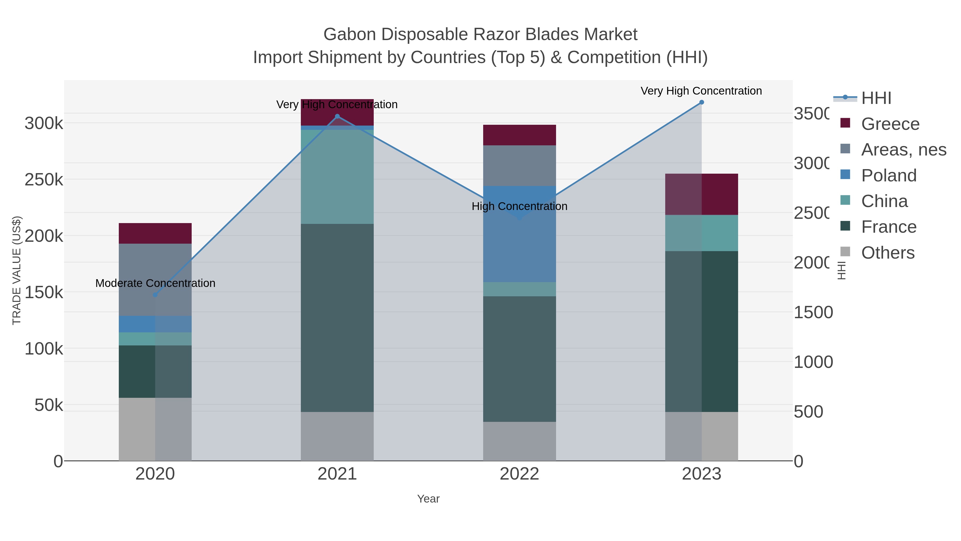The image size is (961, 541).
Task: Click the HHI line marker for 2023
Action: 701,102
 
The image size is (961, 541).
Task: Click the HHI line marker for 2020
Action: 155,295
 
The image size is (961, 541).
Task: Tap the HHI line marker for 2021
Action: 337,116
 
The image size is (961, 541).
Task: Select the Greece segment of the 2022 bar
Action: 519,135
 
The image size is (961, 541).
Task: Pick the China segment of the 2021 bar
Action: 337,177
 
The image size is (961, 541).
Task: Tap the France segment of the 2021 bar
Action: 337,317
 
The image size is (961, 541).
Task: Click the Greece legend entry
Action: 890,124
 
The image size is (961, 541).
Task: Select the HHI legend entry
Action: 876,98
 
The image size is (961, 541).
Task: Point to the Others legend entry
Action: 888,253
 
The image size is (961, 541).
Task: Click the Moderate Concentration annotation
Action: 155,283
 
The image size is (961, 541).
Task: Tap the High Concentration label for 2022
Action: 519,207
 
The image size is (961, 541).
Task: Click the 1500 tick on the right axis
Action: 813,313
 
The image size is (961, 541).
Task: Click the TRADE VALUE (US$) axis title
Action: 17,270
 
